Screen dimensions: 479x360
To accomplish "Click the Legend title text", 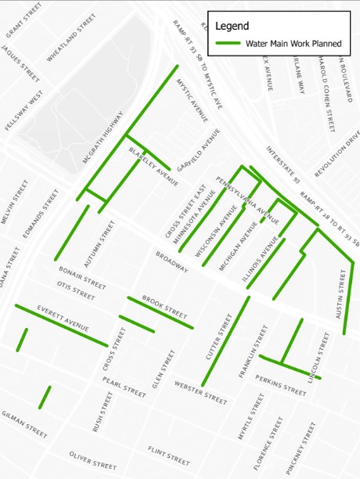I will pyautogui.click(x=232, y=26).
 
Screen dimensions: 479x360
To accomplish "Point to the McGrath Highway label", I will pyautogui.click(x=103, y=137).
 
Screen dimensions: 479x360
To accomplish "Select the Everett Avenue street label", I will pyautogui.click(x=63, y=316).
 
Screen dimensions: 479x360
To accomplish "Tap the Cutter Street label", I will pyautogui.click(x=219, y=337).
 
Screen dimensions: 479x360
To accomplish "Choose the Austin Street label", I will pyautogui.click(x=340, y=294).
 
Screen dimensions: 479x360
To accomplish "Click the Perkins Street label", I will pyautogui.click(x=280, y=387).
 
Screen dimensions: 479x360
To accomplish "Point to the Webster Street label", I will pyautogui.click(x=200, y=391).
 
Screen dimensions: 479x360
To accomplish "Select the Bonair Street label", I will pyautogui.click(x=82, y=276).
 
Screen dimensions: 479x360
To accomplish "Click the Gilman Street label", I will pyautogui.click(x=24, y=424).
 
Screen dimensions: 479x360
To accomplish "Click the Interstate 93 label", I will pyautogui.click(x=283, y=165).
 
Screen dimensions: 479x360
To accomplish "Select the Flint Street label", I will pyautogui.click(x=168, y=455).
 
